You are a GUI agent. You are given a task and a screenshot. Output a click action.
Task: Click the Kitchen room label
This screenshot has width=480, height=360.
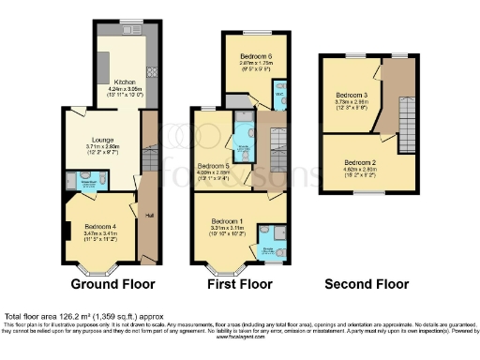click(112, 82)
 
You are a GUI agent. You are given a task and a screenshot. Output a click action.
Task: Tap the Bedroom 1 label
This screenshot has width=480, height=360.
click(227, 220)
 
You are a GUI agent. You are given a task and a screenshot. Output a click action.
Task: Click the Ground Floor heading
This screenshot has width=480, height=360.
click(113, 283)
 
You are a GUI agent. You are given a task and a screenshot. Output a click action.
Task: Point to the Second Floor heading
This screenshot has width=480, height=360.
click(367, 283)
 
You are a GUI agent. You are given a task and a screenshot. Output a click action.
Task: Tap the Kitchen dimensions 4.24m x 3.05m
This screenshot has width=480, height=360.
click(112, 88)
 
